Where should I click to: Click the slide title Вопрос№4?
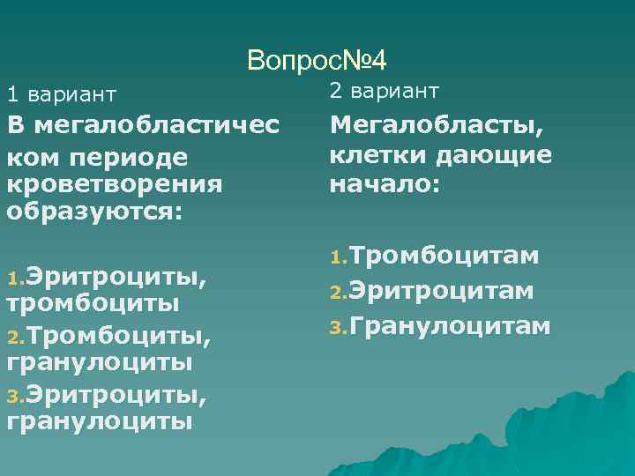pyautogui.click(x=317, y=60)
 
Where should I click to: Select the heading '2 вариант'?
pyautogui.click(x=384, y=90)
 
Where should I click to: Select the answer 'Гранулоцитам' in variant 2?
pyautogui.click(x=450, y=327)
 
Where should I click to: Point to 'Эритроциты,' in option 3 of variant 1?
pyautogui.click(x=116, y=392)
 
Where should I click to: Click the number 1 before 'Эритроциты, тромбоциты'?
pyautogui.click(x=11, y=279)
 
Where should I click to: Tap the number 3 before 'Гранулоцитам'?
pyautogui.click(x=336, y=329)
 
